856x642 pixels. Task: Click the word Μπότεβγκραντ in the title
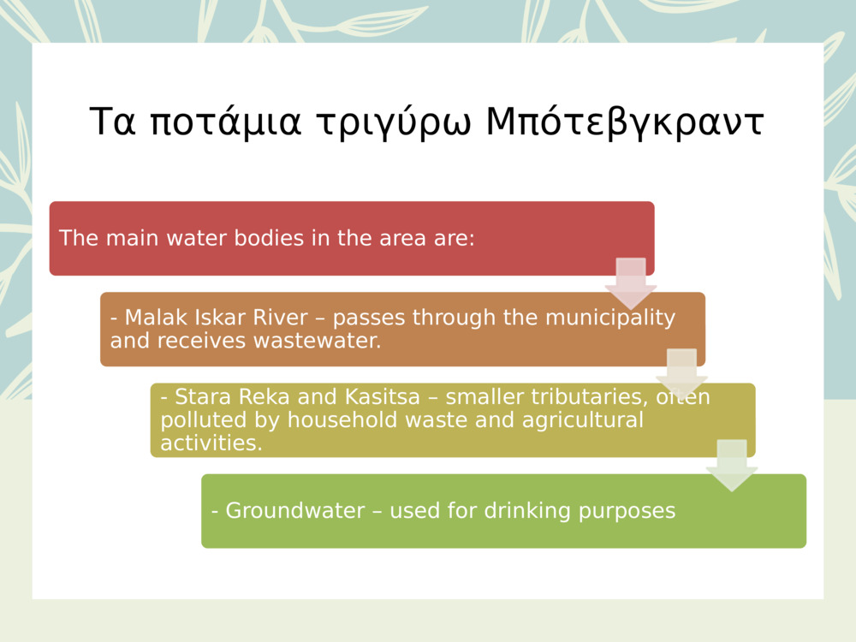coord(624,122)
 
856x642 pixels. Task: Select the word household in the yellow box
coord(334,420)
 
